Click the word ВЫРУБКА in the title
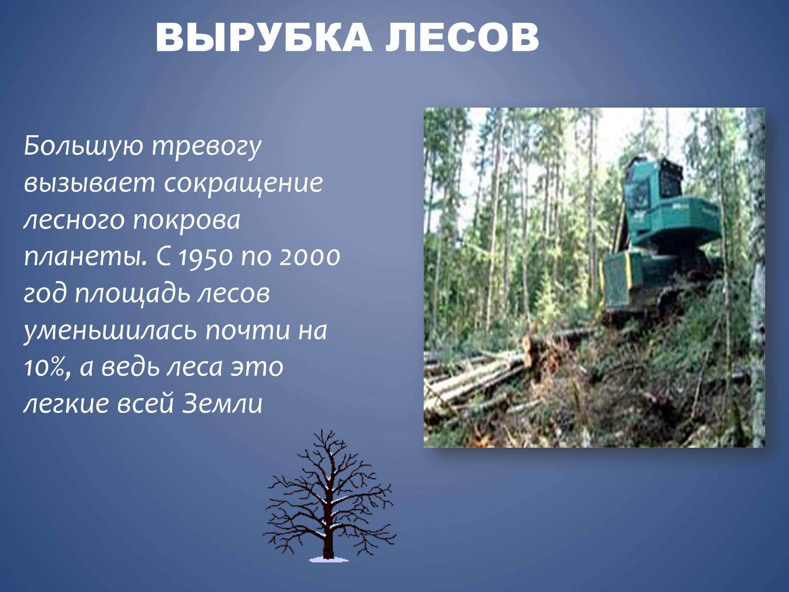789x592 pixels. (x=264, y=37)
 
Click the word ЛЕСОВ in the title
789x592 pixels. (x=462, y=37)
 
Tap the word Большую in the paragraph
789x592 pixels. (x=83, y=147)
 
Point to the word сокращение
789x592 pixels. (x=243, y=184)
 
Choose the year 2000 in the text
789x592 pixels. (x=309, y=257)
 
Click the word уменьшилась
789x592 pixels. (x=110, y=331)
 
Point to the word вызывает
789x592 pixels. (x=89, y=184)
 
